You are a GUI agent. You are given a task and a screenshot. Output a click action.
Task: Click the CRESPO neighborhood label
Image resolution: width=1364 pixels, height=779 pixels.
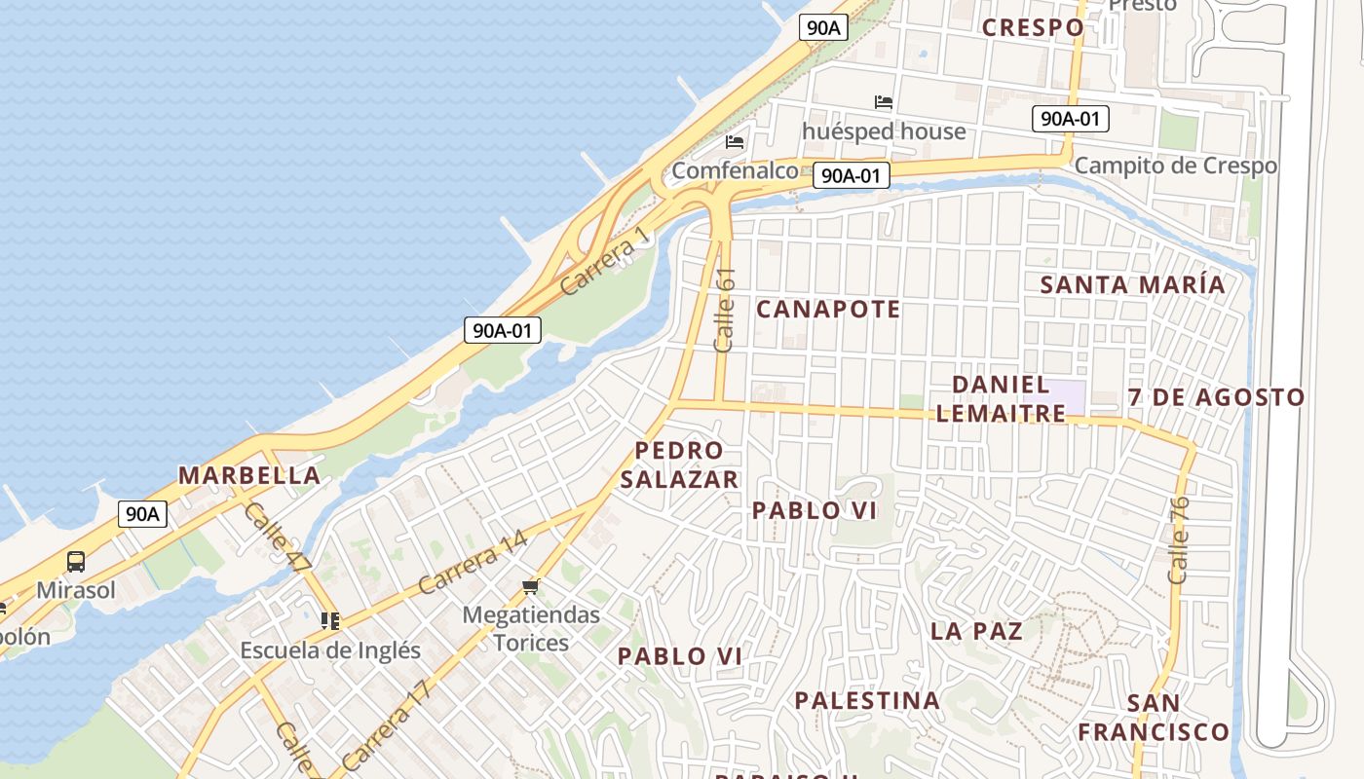(x=1033, y=27)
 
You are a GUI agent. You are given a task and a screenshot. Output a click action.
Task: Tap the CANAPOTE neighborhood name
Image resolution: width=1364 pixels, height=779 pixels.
(x=828, y=310)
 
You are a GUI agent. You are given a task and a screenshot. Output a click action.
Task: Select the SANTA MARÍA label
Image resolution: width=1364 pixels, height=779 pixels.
(x=1132, y=285)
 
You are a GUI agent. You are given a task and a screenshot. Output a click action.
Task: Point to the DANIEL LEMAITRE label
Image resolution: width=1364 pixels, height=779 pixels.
(x=1001, y=398)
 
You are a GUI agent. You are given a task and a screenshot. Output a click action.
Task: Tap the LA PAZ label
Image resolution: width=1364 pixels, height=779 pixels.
(x=976, y=631)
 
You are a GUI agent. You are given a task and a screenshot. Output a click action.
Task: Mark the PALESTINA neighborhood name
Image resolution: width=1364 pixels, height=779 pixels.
(x=867, y=700)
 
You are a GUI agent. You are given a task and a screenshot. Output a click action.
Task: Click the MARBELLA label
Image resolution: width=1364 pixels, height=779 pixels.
(x=249, y=475)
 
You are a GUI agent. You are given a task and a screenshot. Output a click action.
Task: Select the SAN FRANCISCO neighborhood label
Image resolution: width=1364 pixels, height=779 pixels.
(x=1154, y=717)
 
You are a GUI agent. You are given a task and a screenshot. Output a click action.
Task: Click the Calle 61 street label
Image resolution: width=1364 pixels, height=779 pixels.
(x=725, y=310)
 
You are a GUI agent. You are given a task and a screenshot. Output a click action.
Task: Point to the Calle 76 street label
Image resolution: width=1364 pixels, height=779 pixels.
(x=1179, y=539)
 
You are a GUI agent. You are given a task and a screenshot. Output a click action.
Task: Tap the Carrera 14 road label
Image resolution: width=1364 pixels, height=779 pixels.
(x=473, y=563)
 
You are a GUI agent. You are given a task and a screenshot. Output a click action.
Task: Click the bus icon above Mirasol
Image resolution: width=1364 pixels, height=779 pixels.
(x=75, y=562)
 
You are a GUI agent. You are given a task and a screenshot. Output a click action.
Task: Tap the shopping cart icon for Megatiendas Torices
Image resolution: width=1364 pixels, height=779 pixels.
(x=531, y=586)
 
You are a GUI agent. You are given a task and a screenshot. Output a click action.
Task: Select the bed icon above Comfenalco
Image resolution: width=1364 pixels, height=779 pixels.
(x=735, y=142)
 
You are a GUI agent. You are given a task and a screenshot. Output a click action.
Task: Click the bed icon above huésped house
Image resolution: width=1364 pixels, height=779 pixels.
(x=884, y=101)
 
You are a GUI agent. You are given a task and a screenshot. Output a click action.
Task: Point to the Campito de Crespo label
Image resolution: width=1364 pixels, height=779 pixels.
(x=1175, y=166)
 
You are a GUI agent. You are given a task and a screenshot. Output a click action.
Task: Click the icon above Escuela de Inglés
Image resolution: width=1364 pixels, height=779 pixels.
(x=330, y=620)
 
